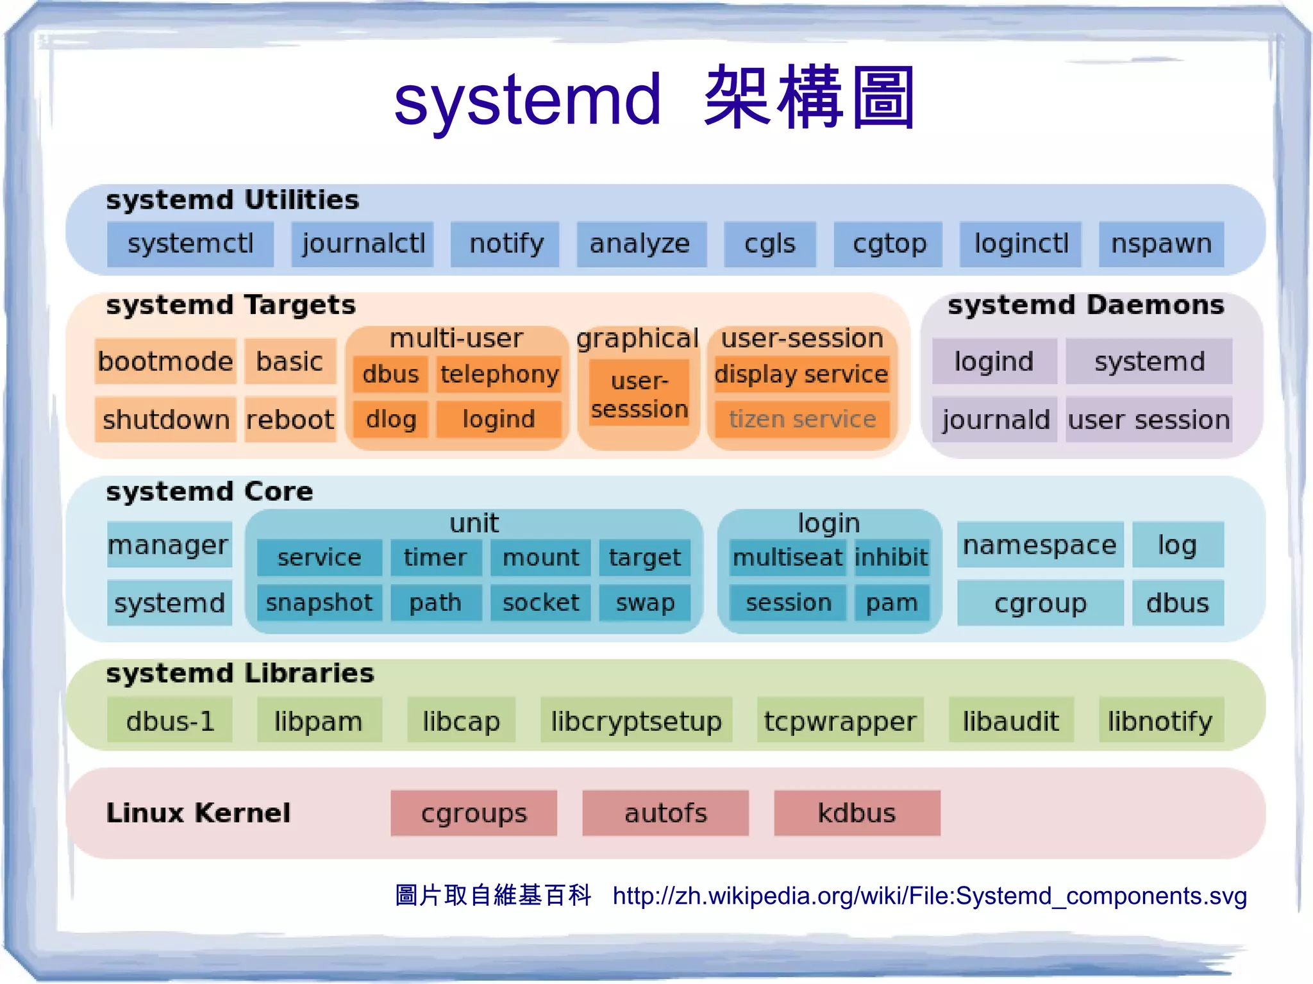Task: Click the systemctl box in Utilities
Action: [x=190, y=244]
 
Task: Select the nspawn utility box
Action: [x=1161, y=244]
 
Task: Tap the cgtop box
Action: [x=888, y=244]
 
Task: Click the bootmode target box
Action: [x=165, y=362]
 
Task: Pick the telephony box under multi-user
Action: [x=499, y=374]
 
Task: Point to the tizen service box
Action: [x=802, y=419]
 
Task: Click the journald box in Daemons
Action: [x=994, y=420]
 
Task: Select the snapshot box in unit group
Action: [x=319, y=603]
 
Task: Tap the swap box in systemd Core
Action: [x=645, y=603]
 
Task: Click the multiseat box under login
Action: [x=787, y=558]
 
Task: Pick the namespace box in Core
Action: [x=1040, y=545]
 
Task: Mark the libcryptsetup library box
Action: [x=636, y=721]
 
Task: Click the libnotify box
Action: [x=1160, y=721]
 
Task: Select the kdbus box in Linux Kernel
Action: [x=857, y=813]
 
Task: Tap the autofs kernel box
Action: [x=665, y=813]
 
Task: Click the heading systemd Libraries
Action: [x=240, y=674]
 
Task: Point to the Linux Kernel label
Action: [x=198, y=813]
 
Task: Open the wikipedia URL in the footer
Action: [x=930, y=896]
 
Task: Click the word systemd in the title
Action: [x=527, y=100]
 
